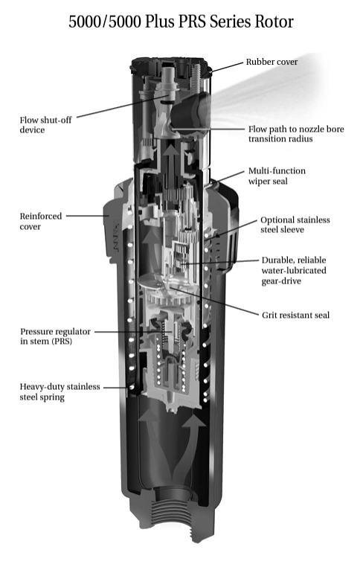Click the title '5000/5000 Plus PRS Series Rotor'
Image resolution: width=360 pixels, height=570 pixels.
pyautogui.click(x=181, y=22)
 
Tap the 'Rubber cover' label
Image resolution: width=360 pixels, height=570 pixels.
pyautogui.click(x=271, y=62)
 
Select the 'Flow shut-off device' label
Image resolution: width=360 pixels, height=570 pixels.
pyautogui.click(x=46, y=125)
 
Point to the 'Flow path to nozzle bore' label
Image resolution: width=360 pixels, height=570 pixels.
pyautogui.click(x=296, y=129)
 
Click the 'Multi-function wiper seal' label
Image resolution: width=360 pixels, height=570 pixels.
pyautogui.click(x=277, y=176)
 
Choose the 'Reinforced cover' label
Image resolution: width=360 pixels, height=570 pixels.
pyautogui.click(x=41, y=221)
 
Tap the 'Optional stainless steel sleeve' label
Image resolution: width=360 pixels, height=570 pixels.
pyautogui.click(x=295, y=225)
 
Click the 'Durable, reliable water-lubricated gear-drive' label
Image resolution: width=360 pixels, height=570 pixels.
pyautogui.click(x=294, y=270)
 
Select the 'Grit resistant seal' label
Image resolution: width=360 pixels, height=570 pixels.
pyautogui.click(x=296, y=315)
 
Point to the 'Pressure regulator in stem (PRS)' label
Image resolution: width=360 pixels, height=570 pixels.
pyautogui.click(x=55, y=336)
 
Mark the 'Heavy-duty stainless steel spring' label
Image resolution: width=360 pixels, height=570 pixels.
pyautogui.click(x=60, y=391)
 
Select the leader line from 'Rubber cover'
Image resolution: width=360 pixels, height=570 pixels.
pyautogui.click(x=226, y=67)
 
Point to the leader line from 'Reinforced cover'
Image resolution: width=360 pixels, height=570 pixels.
pyautogui.click(x=88, y=216)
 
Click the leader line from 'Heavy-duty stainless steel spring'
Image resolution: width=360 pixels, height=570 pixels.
pyautogui.click(x=115, y=388)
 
